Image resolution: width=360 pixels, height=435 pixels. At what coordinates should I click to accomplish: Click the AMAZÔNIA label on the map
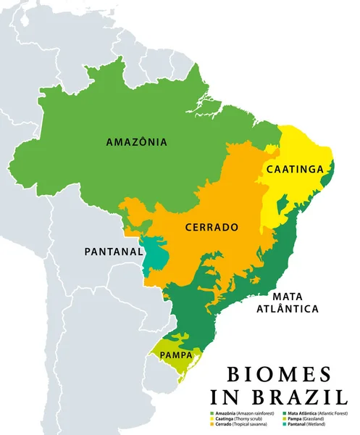136,142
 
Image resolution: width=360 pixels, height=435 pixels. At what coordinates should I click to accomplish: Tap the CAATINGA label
295,169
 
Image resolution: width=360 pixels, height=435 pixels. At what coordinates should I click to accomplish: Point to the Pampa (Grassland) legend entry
308,418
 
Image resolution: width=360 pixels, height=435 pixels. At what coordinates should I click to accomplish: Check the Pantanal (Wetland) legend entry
308,424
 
